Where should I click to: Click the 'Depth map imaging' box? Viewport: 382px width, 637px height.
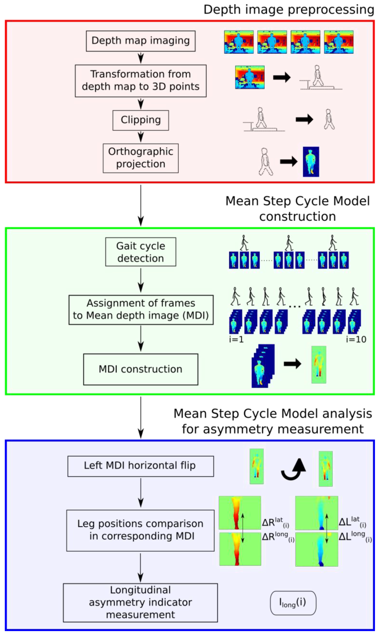[x=140, y=41]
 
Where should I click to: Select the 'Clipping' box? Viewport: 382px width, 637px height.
[x=140, y=120]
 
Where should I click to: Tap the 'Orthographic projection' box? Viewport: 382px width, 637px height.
[x=140, y=158]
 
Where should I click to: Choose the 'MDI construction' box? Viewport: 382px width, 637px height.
[x=140, y=369]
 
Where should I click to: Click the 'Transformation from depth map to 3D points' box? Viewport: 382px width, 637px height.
[x=140, y=81]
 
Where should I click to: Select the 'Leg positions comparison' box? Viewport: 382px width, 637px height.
[x=140, y=530]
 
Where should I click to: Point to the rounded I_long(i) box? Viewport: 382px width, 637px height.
[x=293, y=603]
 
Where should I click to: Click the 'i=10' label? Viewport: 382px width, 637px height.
[x=356, y=339]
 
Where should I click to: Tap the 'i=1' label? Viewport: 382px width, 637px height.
[x=236, y=339]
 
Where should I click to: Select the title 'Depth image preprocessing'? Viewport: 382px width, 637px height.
[x=288, y=10]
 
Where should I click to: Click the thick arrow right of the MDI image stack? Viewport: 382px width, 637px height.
[x=292, y=364]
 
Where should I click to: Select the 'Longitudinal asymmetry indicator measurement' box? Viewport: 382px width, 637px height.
[x=140, y=602]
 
